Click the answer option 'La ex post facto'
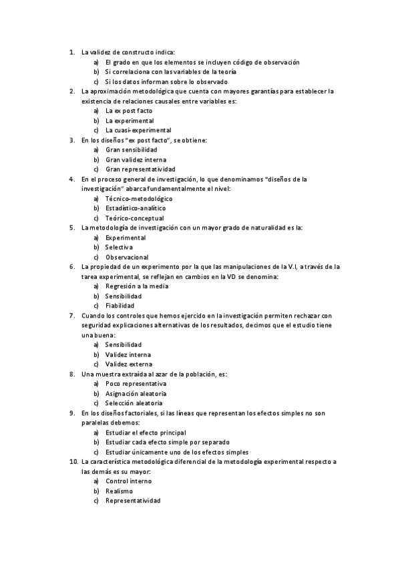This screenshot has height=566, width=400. [x=129, y=110]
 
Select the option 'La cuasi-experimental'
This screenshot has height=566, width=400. [x=138, y=130]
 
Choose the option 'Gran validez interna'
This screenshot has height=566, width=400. [x=136, y=160]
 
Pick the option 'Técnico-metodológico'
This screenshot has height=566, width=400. [x=139, y=199]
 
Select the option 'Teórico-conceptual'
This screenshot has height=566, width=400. [x=134, y=218]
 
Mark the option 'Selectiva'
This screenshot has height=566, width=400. [x=119, y=247]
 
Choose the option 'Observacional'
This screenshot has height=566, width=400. [x=127, y=257]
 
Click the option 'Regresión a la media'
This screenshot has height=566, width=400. [x=137, y=286]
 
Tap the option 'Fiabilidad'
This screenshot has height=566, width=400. [x=120, y=306]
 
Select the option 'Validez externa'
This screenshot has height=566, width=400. [x=129, y=364]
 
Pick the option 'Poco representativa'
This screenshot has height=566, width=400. [x=136, y=384]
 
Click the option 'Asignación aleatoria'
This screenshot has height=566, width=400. [x=136, y=394]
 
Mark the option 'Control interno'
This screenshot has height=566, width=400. [x=130, y=481]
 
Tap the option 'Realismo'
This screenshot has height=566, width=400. [x=119, y=491]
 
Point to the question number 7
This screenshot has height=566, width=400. [x=71, y=316]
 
